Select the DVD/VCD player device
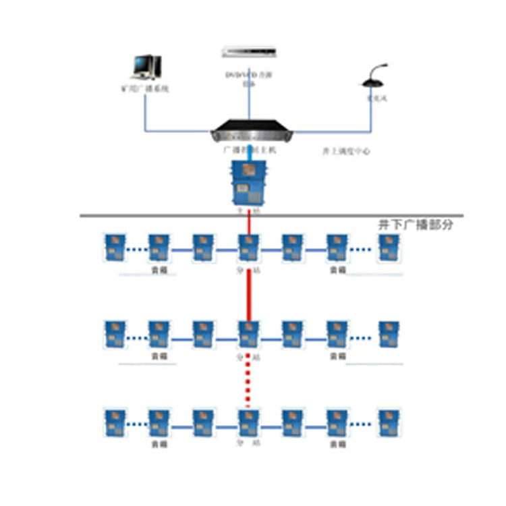(249, 52)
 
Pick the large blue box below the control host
(248, 182)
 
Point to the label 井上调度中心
(346, 152)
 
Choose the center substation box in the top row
(248, 248)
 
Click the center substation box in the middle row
(248, 334)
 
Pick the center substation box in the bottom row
(248, 422)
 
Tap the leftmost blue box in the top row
(113, 248)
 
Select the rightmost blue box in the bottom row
(388, 422)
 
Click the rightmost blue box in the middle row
(388, 334)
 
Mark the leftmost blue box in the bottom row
(113, 422)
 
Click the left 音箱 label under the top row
(160, 270)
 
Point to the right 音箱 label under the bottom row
(337, 445)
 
